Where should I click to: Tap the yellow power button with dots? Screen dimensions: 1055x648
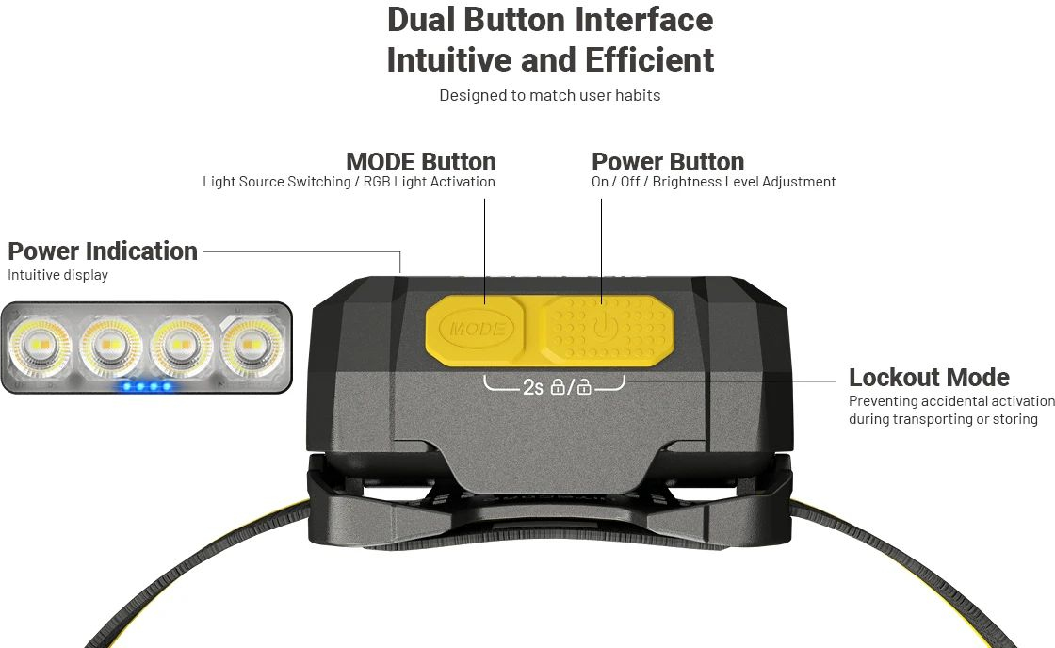pyautogui.click(x=608, y=331)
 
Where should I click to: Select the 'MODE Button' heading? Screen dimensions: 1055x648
pyautogui.click(x=420, y=161)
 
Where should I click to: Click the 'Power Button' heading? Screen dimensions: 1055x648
pyautogui.click(x=668, y=161)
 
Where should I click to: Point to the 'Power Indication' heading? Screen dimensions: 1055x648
pyautogui.click(x=103, y=251)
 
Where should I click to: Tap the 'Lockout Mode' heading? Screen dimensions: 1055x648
pyautogui.click(x=929, y=377)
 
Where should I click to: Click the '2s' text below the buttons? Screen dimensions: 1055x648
pyautogui.click(x=532, y=388)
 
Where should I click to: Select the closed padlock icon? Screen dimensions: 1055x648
pyautogui.click(x=558, y=387)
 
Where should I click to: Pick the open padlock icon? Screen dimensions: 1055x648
pyautogui.click(x=584, y=387)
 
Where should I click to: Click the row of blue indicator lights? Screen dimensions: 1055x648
pyautogui.click(x=147, y=386)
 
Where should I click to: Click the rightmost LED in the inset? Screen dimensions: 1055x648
pyautogui.click(x=252, y=346)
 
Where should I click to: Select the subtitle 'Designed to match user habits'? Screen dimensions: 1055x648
pyautogui.click(x=550, y=95)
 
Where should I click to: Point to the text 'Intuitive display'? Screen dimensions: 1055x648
pyautogui.click(x=57, y=274)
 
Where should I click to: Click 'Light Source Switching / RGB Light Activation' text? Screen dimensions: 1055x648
pyautogui.click(x=349, y=182)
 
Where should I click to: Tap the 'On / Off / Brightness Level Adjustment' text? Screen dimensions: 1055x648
pyautogui.click(x=713, y=182)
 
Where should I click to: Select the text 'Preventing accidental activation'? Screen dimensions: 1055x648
pyautogui.click(x=951, y=401)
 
